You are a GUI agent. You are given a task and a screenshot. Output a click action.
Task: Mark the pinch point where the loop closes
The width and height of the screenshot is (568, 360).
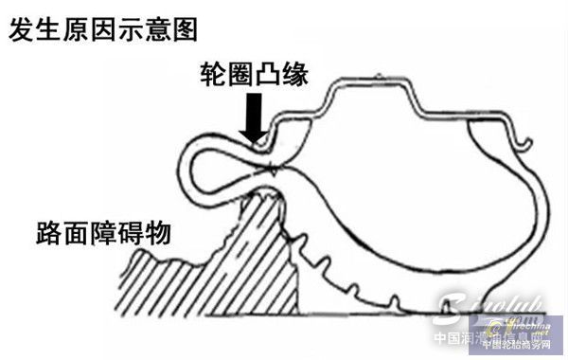[x=273, y=171]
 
